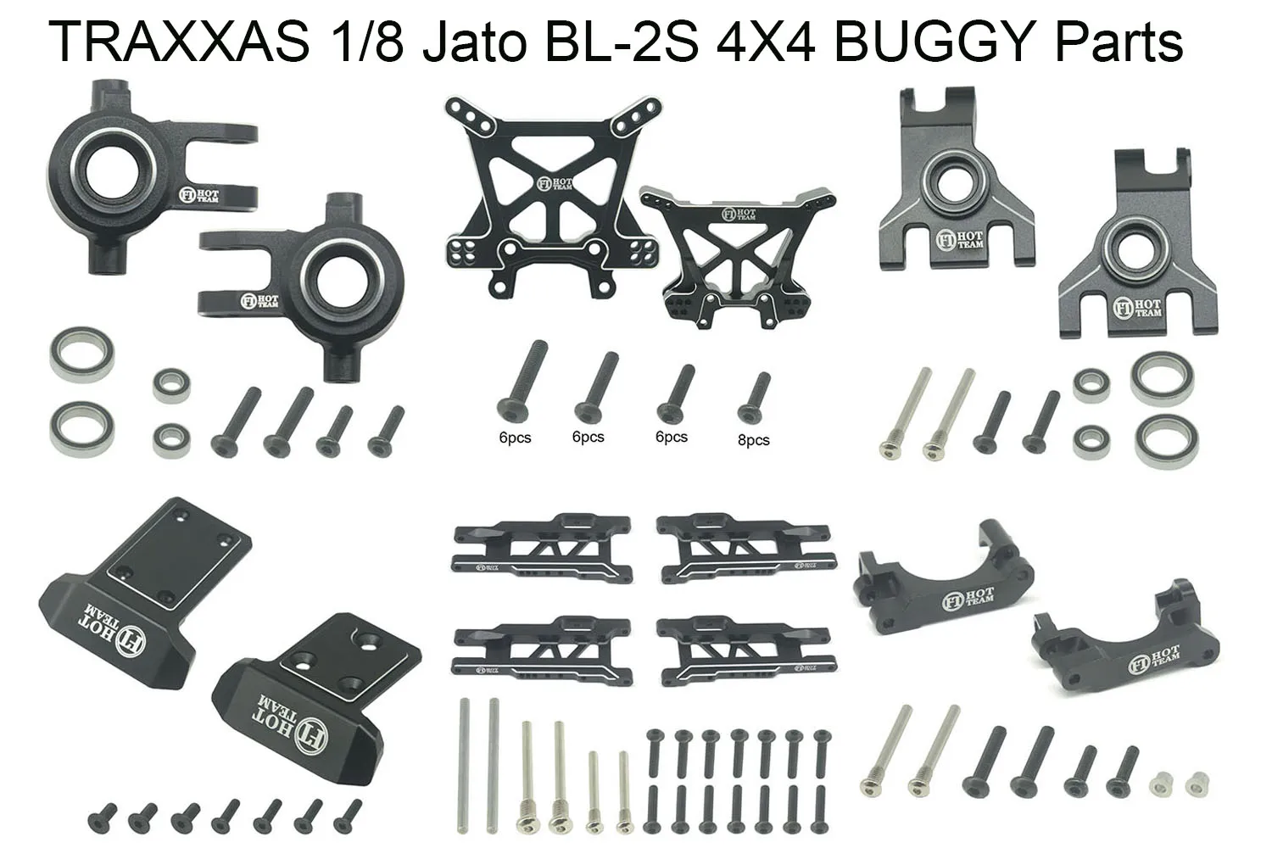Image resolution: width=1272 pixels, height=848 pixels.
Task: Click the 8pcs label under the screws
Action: point(753,440)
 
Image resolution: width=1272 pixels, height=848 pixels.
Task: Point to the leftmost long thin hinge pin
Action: point(466,763)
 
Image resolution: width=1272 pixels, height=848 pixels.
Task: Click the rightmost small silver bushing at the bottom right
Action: point(1197,779)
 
